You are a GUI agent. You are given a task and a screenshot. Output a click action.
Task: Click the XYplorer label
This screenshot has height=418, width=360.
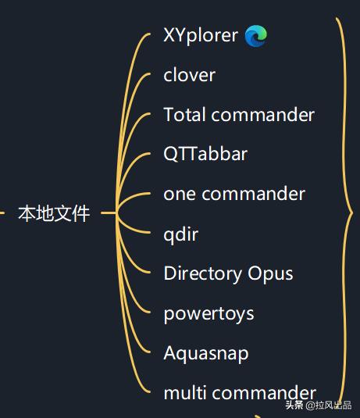[x=201, y=35]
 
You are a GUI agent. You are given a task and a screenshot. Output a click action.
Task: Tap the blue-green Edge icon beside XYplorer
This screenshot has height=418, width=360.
[x=256, y=36]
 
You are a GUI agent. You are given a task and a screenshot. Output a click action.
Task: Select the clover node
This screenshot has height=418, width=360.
[x=189, y=75]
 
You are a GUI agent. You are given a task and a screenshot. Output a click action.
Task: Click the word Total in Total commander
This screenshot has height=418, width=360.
[x=185, y=115]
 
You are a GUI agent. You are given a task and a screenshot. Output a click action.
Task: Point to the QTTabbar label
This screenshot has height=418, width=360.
[x=205, y=154]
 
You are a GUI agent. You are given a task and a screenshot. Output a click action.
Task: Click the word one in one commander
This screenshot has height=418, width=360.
[x=180, y=194]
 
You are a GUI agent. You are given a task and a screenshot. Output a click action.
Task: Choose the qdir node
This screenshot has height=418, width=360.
[x=180, y=234]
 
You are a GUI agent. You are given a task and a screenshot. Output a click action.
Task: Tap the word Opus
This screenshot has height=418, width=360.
[x=270, y=273]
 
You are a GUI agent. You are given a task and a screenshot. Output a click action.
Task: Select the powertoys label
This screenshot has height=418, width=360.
[x=209, y=314]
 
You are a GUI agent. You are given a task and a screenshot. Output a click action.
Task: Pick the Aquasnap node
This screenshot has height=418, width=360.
[x=206, y=353]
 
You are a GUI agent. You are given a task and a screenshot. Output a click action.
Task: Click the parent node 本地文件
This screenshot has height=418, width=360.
[x=54, y=213]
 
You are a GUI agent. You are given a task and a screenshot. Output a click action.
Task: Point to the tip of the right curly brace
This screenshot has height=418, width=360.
[x=352, y=213]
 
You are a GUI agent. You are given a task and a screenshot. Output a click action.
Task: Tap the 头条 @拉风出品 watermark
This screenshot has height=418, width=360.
[x=319, y=405]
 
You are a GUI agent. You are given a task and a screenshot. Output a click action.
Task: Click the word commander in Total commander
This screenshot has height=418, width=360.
[x=263, y=115]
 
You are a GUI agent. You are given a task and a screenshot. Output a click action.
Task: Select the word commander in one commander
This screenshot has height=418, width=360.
[x=254, y=194]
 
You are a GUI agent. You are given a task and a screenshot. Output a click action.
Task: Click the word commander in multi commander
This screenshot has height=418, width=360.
[x=265, y=393]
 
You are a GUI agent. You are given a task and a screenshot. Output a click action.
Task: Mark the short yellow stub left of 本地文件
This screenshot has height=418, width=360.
[x=2, y=213]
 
